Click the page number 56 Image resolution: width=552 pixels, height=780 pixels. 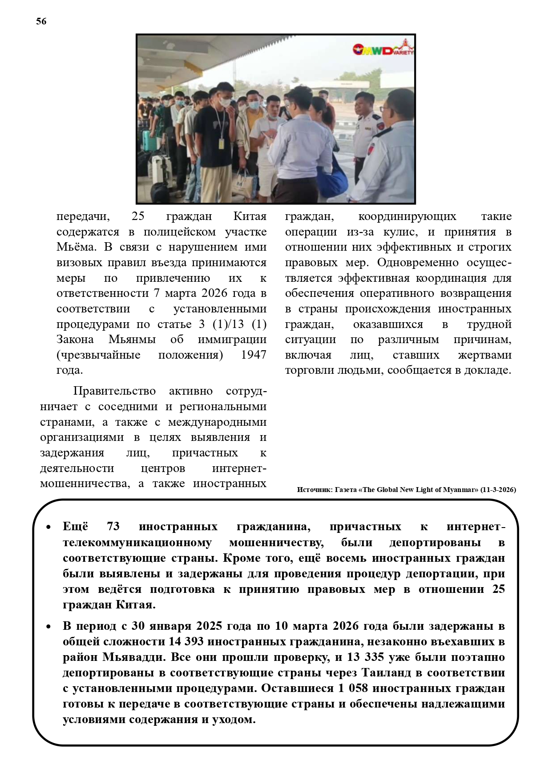click(x=41, y=21)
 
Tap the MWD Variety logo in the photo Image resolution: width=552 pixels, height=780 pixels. click(x=383, y=49)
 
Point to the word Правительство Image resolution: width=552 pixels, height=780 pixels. click(x=114, y=391)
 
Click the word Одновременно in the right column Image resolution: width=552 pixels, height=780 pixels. click(x=418, y=263)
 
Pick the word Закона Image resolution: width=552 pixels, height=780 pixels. click(x=75, y=340)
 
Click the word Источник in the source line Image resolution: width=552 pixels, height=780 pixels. click(x=314, y=490)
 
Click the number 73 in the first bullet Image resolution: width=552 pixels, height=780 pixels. click(x=113, y=527)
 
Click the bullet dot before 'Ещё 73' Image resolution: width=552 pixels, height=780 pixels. click(x=48, y=528)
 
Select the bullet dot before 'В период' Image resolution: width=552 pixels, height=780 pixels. click(x=48, y=627)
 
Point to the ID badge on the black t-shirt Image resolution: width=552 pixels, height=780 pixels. click(x=221, y=143)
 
